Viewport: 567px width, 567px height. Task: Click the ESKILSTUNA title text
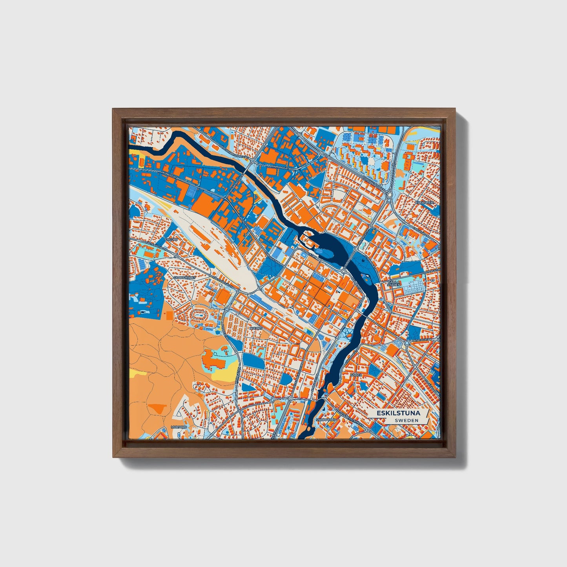pos(398,413)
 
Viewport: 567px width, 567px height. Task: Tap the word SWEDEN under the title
pos(407,420)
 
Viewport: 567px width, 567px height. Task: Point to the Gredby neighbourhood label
pos(171,239)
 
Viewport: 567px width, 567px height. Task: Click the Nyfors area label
pos(255,328)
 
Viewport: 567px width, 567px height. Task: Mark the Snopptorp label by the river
pos(324,420)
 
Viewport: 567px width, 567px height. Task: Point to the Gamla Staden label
pos(393,283)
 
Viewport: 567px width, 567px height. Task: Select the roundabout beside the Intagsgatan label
pos(407,343)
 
